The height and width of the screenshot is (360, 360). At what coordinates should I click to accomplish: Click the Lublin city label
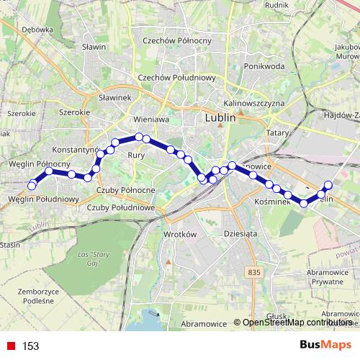[221, 119]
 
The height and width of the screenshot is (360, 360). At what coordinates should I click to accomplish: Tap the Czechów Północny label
[176, 41]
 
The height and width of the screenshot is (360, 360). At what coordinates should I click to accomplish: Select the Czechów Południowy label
[177, 77]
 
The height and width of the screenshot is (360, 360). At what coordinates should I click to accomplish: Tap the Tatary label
[277, 133]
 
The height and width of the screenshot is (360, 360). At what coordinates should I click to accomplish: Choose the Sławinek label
[114, 96]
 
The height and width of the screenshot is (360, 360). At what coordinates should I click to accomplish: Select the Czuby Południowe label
[121, 207]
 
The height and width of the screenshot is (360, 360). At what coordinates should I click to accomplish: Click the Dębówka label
[38, 30]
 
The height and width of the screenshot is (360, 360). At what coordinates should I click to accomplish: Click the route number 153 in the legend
[30, 346]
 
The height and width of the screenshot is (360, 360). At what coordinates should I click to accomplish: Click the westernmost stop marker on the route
[32, 186]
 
